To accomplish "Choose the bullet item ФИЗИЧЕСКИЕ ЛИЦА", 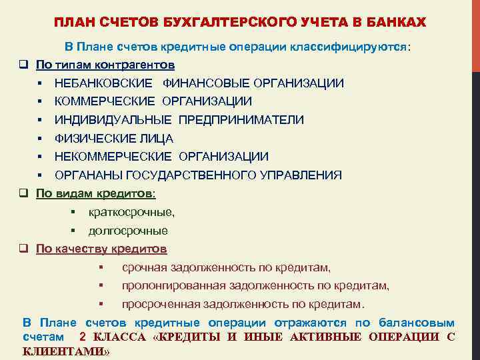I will [x=114, y=139].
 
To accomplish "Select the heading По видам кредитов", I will [x=95, y=194].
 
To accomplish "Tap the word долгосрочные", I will [x=128, y=231].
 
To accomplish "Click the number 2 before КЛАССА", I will [x=82, y=337].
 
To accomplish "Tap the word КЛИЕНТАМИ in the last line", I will [x=65, y=351].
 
